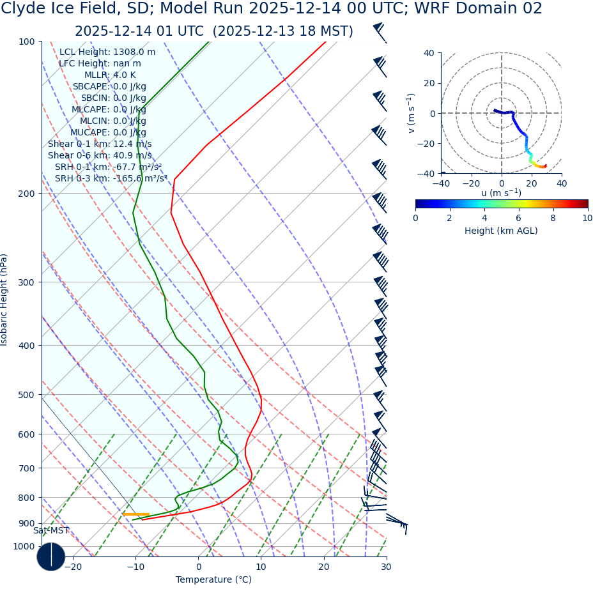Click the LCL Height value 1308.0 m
[134, 52]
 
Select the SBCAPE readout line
[109, 87]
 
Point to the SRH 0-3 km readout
[111, 179]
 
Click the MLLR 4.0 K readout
[110, 75]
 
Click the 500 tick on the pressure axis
[26, 395]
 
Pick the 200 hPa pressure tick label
[26, 194]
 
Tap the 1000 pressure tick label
[24, 547]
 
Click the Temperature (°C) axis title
[213, 580]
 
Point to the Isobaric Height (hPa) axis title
[4, 300]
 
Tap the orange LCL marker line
[135, 514]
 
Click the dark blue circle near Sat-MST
[51, 556]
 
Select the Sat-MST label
[51, 531]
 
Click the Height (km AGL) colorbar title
[501, 231]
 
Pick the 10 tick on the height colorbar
[587, 218]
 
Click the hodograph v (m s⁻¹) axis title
[411, 113]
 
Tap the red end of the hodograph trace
[545, 166]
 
